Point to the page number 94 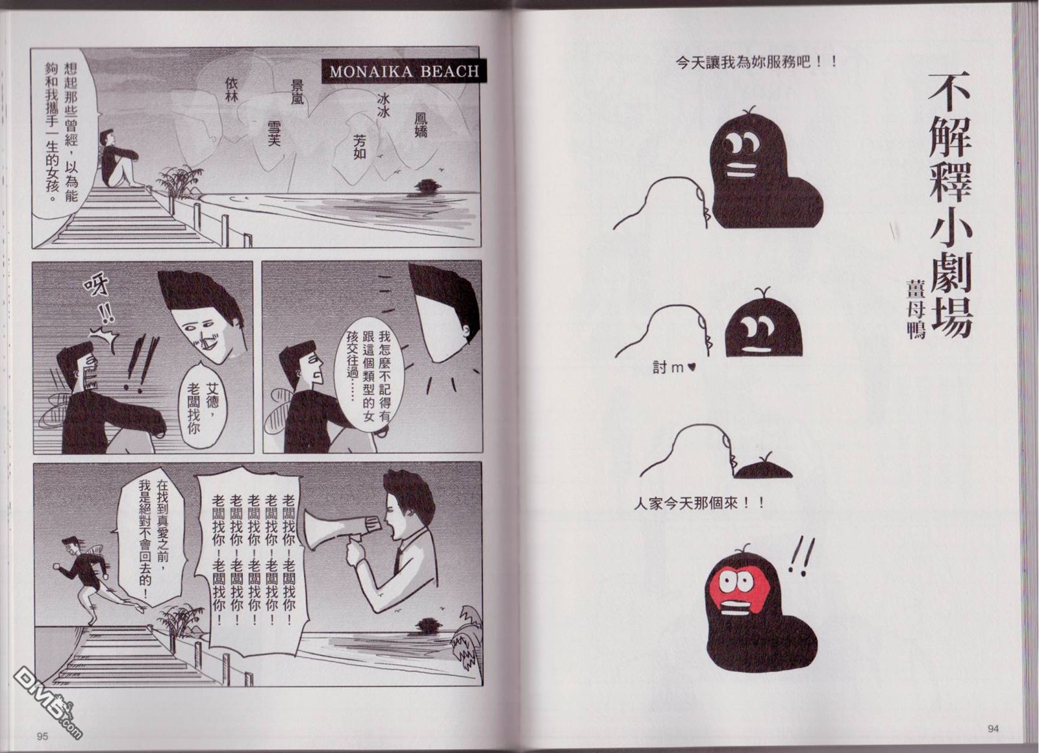992,728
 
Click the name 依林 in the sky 231,90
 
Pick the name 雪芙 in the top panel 274,133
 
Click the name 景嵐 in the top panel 297,92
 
